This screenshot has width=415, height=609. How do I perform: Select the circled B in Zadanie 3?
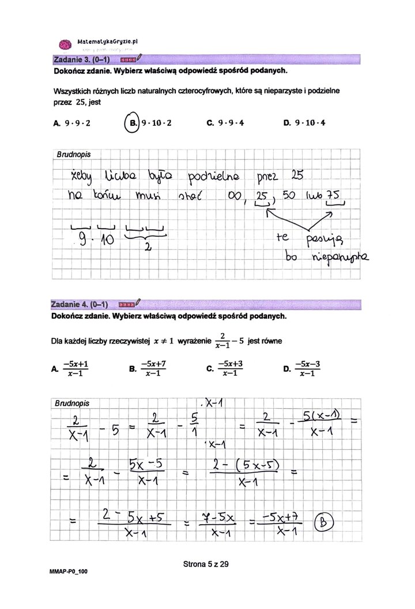click(133, 122)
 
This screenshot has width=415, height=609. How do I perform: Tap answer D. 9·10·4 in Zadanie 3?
click(304, 123)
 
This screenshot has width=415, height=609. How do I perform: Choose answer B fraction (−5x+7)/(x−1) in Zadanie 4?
click(151, 368)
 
